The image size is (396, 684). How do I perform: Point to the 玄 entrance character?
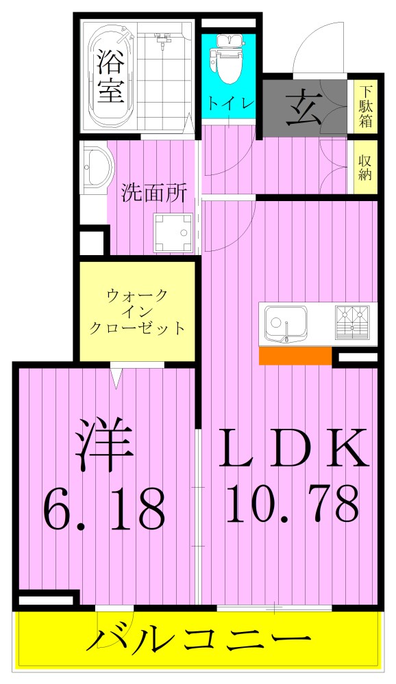pos(304,107)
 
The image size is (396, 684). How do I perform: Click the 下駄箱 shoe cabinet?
pos(365,107)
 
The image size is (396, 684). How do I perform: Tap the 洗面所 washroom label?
pos(153,193)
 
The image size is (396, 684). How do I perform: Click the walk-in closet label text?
pos(137,312)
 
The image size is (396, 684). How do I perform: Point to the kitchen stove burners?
pos(352,322)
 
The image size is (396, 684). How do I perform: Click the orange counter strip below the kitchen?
pos(295,356)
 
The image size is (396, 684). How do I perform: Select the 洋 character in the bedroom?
pos(103,445)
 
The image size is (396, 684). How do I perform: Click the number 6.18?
pos(104,505)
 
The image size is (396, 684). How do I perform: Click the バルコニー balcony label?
pos(198,642)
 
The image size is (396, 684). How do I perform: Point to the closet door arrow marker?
pos(116,377)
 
